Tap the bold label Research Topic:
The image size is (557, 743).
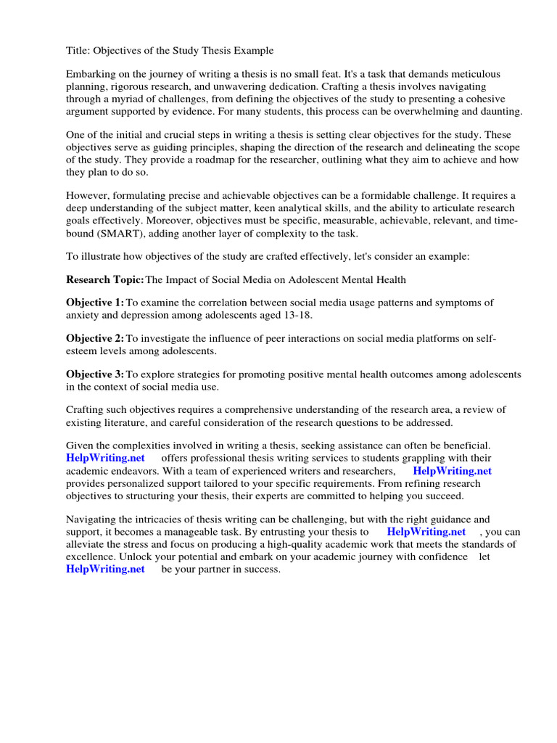(x=105, y=279)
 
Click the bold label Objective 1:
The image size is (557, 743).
(x=95, y=303)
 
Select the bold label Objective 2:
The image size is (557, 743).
(x=95, y=339)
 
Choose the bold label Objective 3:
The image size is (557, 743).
(x=95, y=374)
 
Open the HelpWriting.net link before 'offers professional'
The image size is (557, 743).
(x=105, y=458)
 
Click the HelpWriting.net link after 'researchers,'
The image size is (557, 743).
(x=452, y=470)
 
